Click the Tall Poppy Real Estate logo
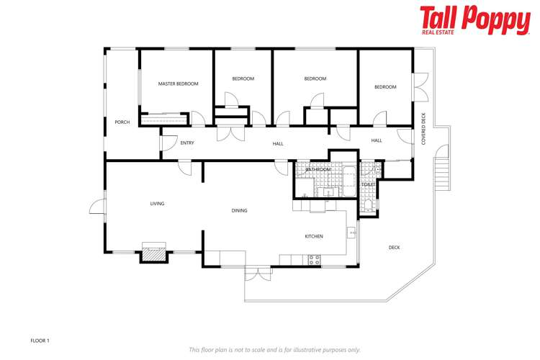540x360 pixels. tap(474, 21)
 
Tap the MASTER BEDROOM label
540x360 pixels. tap(178, 84)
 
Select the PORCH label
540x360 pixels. tap(122, 122)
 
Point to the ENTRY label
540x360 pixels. tap(187, 143)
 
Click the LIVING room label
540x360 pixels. tap(157, 204)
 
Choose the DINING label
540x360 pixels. tap(240, 211)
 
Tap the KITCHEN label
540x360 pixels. tap(313, 236)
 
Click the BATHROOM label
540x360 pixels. tap(318, 170)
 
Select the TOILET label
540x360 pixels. tap(368, 185)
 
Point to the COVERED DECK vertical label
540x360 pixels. tap(424, 130)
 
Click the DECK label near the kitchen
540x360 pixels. tap(394, 248)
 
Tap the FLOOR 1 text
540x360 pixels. tap(40, 340)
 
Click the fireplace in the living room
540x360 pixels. tap(153, 251)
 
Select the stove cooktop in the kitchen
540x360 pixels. tap(314, 260)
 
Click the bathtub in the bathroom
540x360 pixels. tap(349, 178)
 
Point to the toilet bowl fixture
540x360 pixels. tap(368, 204)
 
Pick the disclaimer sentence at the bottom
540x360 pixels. tap(274, 350)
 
